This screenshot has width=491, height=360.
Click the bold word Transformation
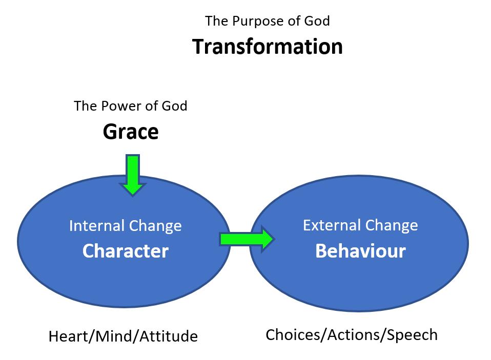(267, 47)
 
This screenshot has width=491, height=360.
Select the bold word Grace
(131, 132)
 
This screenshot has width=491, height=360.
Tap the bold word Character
(125, 251)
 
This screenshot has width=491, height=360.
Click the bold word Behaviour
(360, 251)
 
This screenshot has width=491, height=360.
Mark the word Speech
(413, 335)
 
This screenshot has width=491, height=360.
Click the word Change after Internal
(156, 226)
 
